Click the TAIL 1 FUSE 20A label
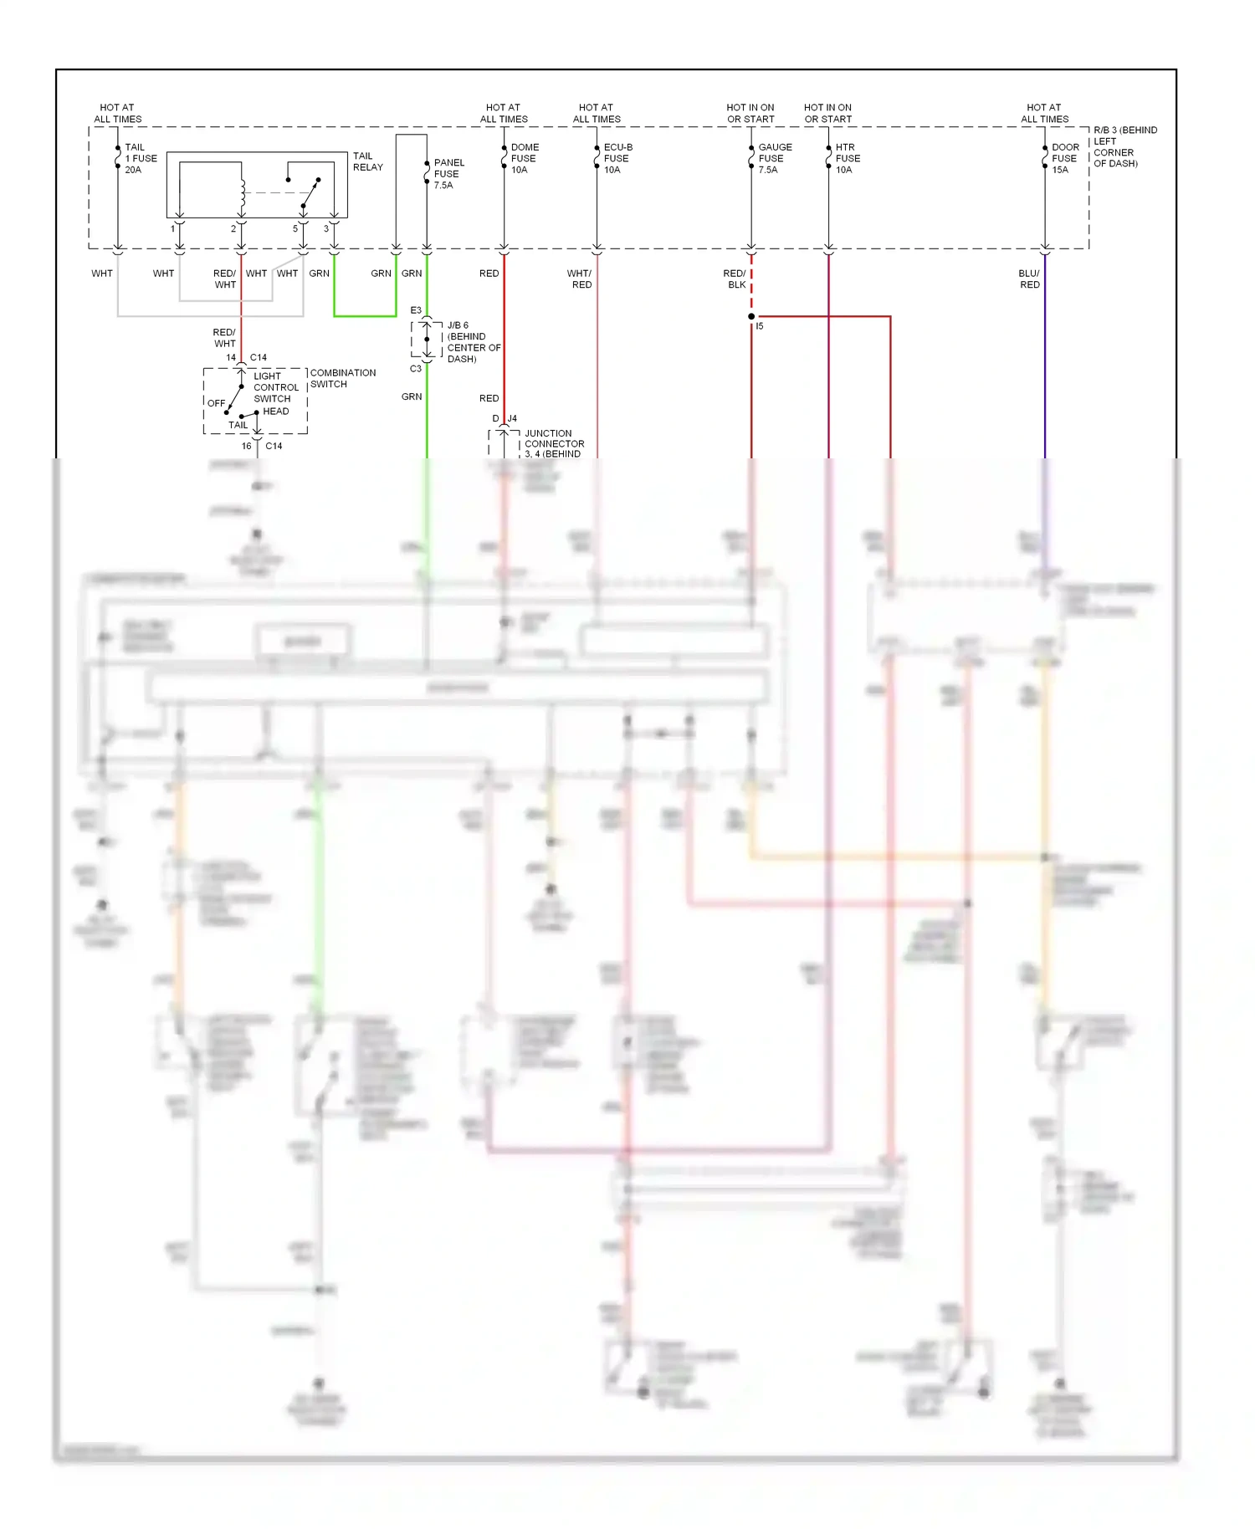coord(140,158)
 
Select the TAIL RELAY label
coord(367,161)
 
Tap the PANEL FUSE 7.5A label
coord(448,174)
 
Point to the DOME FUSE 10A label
coord(524,158)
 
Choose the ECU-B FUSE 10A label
coord(617,158)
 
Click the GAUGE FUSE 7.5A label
coord(774,158)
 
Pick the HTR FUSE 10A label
coord(847,158)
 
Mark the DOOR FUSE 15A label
coord(1064,158)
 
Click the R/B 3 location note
coord(1124,146)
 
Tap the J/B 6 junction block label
coord(473,341)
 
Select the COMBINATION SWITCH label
coord(342,378)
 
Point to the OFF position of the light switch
coord(216,403)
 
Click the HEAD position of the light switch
coord(275,411)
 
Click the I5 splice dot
coord(751,316)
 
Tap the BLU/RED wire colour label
coord(1029,279)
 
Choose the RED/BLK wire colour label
coord(735,279)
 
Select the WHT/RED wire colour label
coord(579,279)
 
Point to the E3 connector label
coord(416,310)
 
